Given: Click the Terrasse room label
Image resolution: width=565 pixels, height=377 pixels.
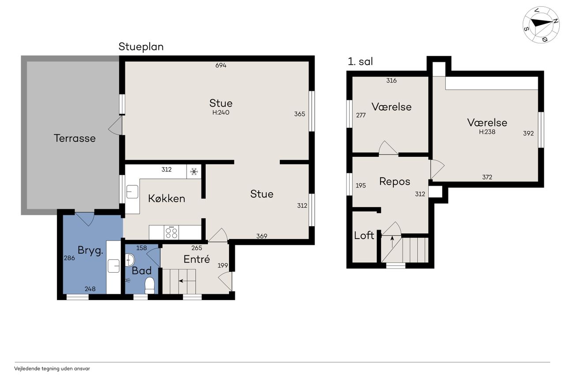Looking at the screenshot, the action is [75, 138].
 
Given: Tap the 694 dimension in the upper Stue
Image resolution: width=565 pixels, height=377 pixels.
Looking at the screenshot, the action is [221, 65].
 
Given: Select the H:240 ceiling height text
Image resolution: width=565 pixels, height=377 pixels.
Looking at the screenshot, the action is [221, 112].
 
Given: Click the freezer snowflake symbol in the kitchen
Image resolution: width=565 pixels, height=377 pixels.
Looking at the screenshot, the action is [194, 172].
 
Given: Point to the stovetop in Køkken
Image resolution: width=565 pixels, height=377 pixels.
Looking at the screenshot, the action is [171, 232].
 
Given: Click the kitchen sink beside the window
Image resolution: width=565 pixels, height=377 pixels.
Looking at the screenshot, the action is [132, 192].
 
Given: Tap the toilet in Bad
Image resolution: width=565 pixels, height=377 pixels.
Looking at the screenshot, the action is [150, 286].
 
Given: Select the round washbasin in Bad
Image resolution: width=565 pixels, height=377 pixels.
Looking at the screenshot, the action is [130, 260].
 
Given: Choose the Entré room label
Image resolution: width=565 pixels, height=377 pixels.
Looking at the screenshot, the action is [197, 259].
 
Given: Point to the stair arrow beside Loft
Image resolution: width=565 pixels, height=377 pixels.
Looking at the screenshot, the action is [392, 242].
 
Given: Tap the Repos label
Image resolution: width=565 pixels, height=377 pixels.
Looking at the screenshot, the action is [395, 182].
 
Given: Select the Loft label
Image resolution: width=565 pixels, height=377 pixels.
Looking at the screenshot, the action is [364, 235].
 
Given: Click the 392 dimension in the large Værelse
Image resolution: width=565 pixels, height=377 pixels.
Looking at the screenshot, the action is [528, 133].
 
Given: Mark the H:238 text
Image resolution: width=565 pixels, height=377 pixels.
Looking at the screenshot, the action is [487, 132].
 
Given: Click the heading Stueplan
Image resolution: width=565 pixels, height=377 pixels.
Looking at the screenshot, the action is [141, 47].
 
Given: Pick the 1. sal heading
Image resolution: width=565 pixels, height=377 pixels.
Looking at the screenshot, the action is [360, 61].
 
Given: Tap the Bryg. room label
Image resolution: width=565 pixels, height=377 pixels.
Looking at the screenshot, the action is [90, 251].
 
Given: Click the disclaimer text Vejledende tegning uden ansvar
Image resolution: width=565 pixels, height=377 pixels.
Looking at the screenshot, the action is [52, 369].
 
